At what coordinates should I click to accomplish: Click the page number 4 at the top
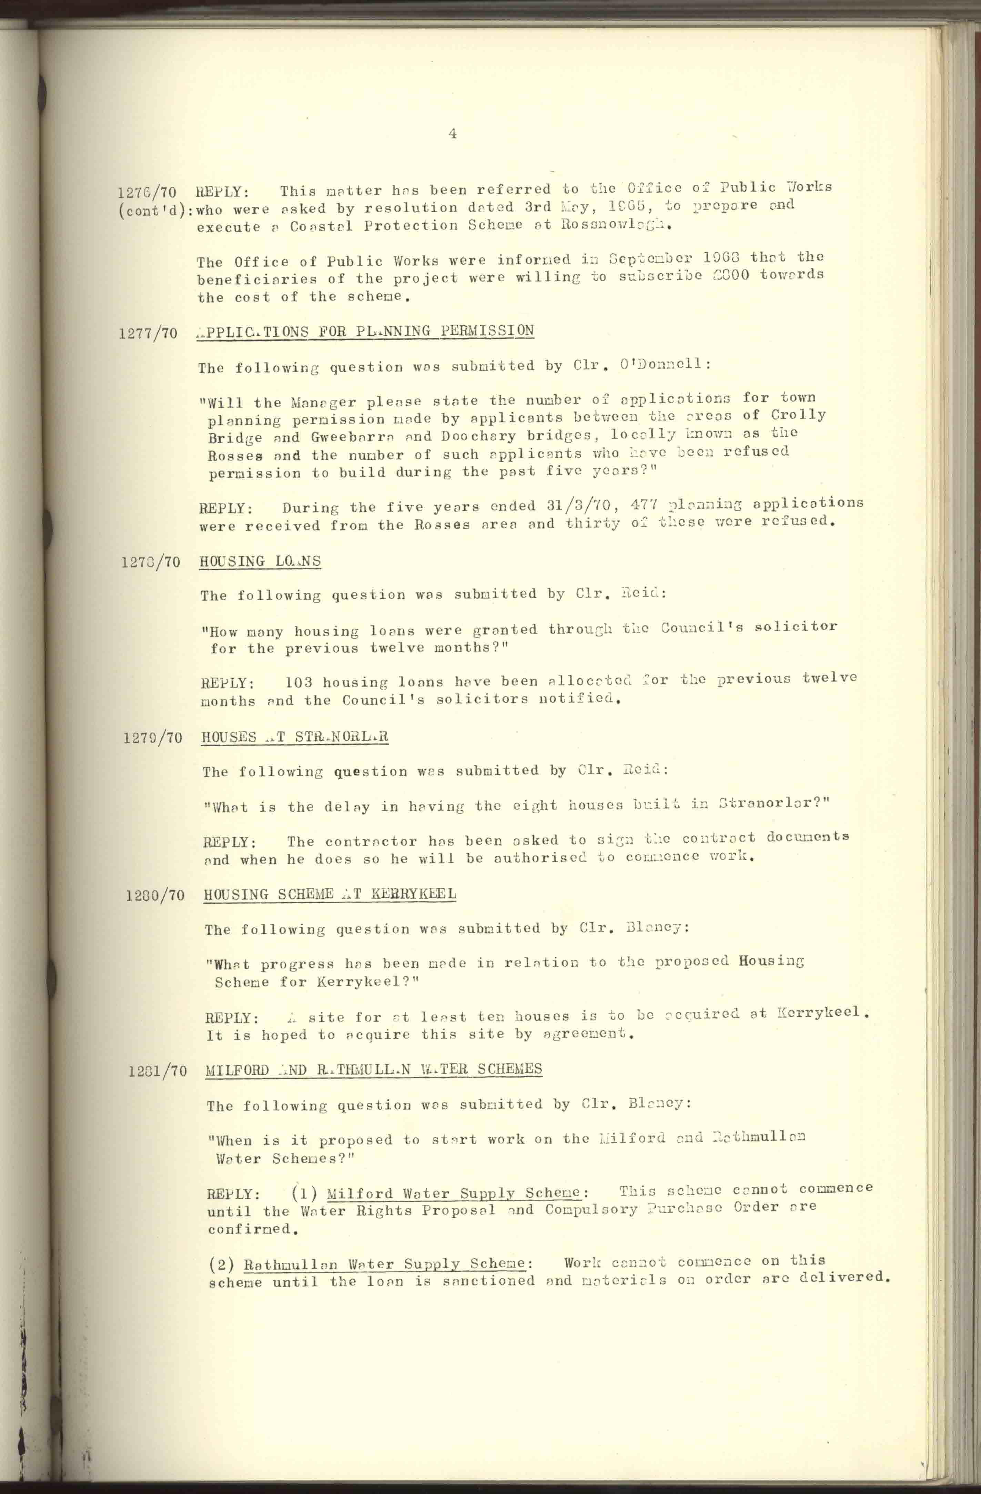(x=453, y=134)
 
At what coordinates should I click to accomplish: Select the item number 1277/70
(x=148, y=333)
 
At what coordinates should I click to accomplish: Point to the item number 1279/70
(x=152, y=738)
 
